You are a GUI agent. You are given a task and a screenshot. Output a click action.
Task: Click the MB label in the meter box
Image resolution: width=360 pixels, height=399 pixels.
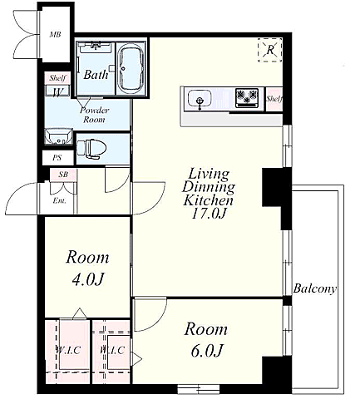tap(55, 35)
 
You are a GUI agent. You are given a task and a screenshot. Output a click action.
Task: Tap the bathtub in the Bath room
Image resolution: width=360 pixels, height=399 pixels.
tap(131, 69)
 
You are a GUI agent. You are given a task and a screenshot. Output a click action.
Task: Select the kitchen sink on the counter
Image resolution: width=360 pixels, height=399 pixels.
tap(200, 99)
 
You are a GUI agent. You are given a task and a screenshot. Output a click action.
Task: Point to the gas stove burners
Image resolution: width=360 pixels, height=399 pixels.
tap(247, 97)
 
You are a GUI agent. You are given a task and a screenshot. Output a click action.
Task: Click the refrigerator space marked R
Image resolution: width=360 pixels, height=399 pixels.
tap(270, 50)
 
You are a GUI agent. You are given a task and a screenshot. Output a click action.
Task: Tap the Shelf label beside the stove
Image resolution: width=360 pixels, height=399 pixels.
tap(274, 99)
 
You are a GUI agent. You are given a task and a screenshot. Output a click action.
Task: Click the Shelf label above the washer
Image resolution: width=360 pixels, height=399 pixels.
tap(57, 78)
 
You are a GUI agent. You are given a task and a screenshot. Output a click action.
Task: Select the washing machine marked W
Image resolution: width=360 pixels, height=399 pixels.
tap(57, 91)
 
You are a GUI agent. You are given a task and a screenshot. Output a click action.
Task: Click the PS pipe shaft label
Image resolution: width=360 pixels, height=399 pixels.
tap(57, 158)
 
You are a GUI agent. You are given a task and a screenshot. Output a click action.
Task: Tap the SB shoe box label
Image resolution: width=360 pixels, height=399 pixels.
tap(63, 175)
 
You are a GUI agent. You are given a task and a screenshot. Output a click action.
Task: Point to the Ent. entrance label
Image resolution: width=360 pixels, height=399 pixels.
tap(59, 200)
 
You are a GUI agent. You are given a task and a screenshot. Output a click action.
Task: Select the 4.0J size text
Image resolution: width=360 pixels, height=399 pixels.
tap(87, 279)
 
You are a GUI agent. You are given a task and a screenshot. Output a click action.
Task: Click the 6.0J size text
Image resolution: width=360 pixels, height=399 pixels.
tap(207, 350)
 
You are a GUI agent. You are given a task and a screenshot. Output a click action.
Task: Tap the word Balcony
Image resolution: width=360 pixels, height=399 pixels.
tap(315, 288)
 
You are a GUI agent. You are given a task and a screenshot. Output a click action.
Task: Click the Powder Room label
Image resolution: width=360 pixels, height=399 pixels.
tap(94, 115)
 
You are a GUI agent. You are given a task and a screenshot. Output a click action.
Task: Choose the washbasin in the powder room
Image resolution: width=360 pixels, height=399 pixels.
tap(58, 136)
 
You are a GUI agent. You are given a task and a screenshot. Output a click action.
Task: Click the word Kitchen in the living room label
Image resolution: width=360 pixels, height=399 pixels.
tap(209, 200)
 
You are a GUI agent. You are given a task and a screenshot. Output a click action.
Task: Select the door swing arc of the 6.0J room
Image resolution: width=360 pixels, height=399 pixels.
tap(158, 321)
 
